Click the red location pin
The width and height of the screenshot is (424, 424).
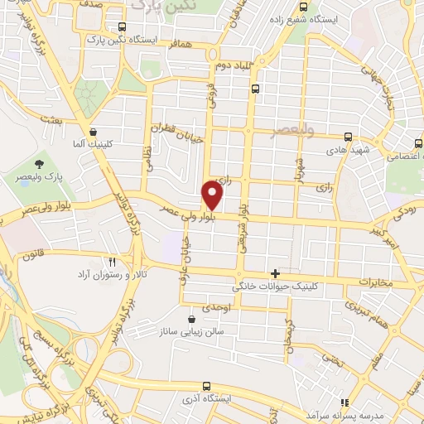[213, 195]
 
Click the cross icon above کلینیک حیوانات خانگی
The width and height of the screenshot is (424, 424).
[275, 273]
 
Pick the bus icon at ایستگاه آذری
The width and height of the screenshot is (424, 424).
[205, 386]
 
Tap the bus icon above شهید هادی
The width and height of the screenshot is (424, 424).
[348, 137]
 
